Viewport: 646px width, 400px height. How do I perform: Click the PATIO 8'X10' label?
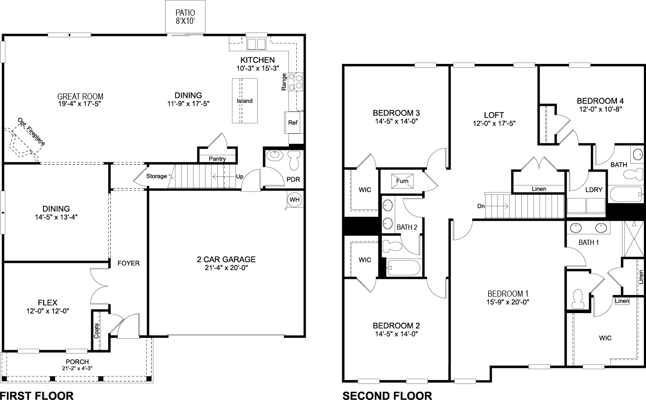pyautogui.click(x=185, y=17)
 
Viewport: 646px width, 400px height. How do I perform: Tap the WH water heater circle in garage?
pyautogui.click(x=294, y=199)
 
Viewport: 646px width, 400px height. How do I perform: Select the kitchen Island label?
pyautogui.click(x=245, y=101)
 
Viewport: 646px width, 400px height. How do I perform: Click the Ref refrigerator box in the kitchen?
pyautogui.click(x=293, y=122)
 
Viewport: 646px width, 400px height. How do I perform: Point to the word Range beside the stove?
pyautogui.click(x=284, y=82)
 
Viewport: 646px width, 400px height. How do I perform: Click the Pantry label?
pyautogui.click(x=217, y=159)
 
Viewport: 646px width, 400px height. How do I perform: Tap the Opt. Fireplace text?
pyautogui.click(x=31, y=131)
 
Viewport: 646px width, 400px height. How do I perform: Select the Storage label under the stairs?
pyautogui.click(x=156, y=176)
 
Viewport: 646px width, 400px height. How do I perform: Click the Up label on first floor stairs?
pyautogui.click(x=239, y=176)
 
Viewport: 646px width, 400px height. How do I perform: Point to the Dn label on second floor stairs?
pyautogui.click(x=481, y=206)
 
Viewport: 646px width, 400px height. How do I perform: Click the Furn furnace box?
pyautogui.click(x=402, y=181)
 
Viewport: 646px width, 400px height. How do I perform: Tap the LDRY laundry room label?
pyautogui.click(x=593, y=189)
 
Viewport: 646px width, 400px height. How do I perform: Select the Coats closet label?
pyautogui.click(x=96, y=331)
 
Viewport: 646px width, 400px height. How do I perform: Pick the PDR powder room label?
pyautogui.click(x=293, y=179)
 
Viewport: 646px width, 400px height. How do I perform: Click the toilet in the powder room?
pyautogui.click(x=294, y=159)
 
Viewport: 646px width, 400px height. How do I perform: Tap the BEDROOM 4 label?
pyautogui.click(x=600, y=101)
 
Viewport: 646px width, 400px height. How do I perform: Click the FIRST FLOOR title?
pyautogui.click(x=37, y=395)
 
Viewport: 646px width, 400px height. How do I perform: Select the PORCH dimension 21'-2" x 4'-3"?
pyautogui.click(x=77, y=368)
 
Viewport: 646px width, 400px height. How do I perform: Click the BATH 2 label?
pyautogui.click(x=407, y=227)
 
